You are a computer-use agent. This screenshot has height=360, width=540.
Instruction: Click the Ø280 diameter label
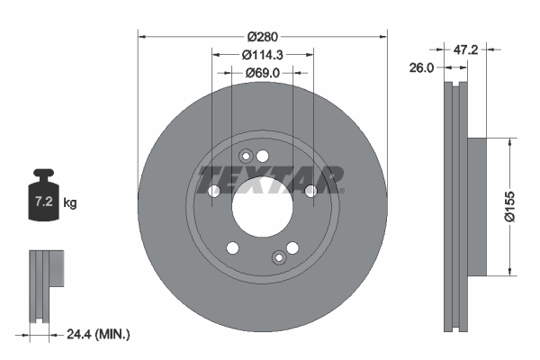pyautogui.click(x=263, y=36)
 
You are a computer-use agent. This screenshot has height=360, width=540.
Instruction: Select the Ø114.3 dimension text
pyautogui.click(x=263, y=55)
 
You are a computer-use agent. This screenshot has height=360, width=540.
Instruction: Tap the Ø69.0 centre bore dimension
pyautogui.click(x=263, y=73)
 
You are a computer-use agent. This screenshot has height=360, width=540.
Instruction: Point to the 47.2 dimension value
pyautogui.click(x=465, y=49)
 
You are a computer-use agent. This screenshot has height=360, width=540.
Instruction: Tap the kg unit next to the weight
pyautogui.click(x=70, y=203)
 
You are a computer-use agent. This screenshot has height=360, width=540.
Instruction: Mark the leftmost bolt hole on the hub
pyautogui.click(x=214, y=191)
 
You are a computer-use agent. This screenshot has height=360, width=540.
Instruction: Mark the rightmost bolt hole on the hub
pyautogui.click(x=310, y=191)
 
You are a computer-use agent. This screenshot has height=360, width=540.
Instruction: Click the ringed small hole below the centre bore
pyautogui.click(x=279, y=259)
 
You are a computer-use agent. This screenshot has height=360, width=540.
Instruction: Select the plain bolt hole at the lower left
pyautogui.click(x=232, y=248)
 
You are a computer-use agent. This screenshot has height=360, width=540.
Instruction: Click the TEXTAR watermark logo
pyautogui.click(x=270, y=177)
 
